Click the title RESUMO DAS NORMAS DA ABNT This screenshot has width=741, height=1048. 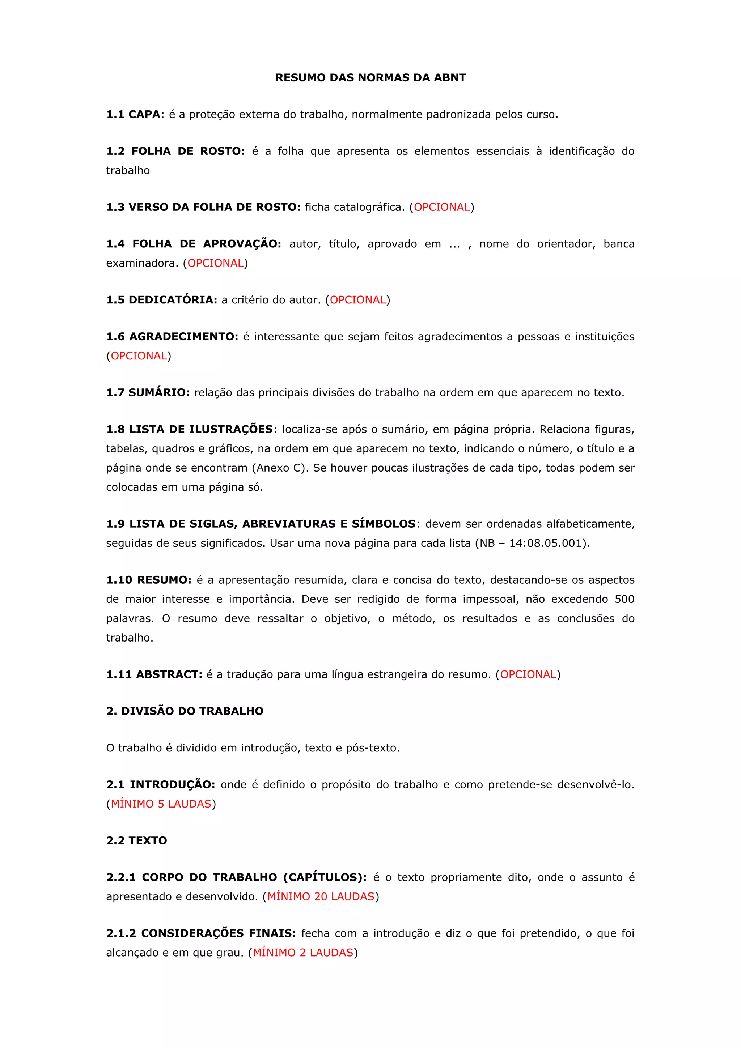click(370, 78)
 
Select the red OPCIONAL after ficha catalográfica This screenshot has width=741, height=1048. click(441, 207)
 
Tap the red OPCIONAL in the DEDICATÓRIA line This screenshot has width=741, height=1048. click(357, 300)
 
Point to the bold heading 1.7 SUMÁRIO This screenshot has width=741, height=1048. click(148, 392)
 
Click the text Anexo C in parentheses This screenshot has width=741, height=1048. click(279, 468)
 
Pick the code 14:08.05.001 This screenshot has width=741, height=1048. click(546, 543)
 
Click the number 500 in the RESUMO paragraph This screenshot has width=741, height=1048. click(624, 599)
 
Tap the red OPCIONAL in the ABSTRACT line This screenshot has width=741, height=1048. click(528, 675)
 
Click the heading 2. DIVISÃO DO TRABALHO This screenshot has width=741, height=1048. click(185, 711)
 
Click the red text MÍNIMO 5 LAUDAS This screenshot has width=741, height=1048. click(161, 804)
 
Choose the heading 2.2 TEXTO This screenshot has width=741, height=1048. click(136, 841)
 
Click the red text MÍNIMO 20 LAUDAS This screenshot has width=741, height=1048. click(321, 896)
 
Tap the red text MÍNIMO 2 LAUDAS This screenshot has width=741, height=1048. click(303, 953)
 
